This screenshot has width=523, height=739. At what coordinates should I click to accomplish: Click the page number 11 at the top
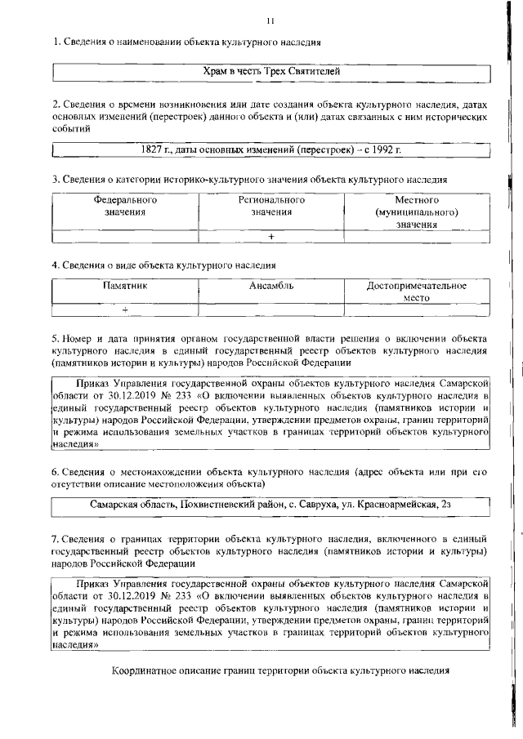(x=270, y=20)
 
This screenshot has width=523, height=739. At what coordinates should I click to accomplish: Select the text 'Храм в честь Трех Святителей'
(x=270, y=73)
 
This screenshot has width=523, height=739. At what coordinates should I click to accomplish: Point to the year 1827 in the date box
(x=154, y=151)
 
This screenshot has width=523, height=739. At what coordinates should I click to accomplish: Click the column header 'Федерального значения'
(x=125, y=206)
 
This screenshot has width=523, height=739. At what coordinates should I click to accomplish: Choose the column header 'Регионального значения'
(x=271, y=206)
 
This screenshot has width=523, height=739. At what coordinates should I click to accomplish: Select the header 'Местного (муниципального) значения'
(x=417, y=211)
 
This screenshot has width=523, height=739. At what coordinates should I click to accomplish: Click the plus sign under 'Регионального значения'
(x=271, y=237)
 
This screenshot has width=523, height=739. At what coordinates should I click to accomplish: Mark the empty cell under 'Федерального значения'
(x=125, y=237)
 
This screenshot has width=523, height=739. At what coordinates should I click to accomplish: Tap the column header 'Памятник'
(x=125, y=286)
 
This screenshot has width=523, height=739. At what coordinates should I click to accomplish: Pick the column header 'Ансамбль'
(x=271, y=286)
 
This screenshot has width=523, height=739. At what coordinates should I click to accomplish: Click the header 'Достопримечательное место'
(x=417, y=292)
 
